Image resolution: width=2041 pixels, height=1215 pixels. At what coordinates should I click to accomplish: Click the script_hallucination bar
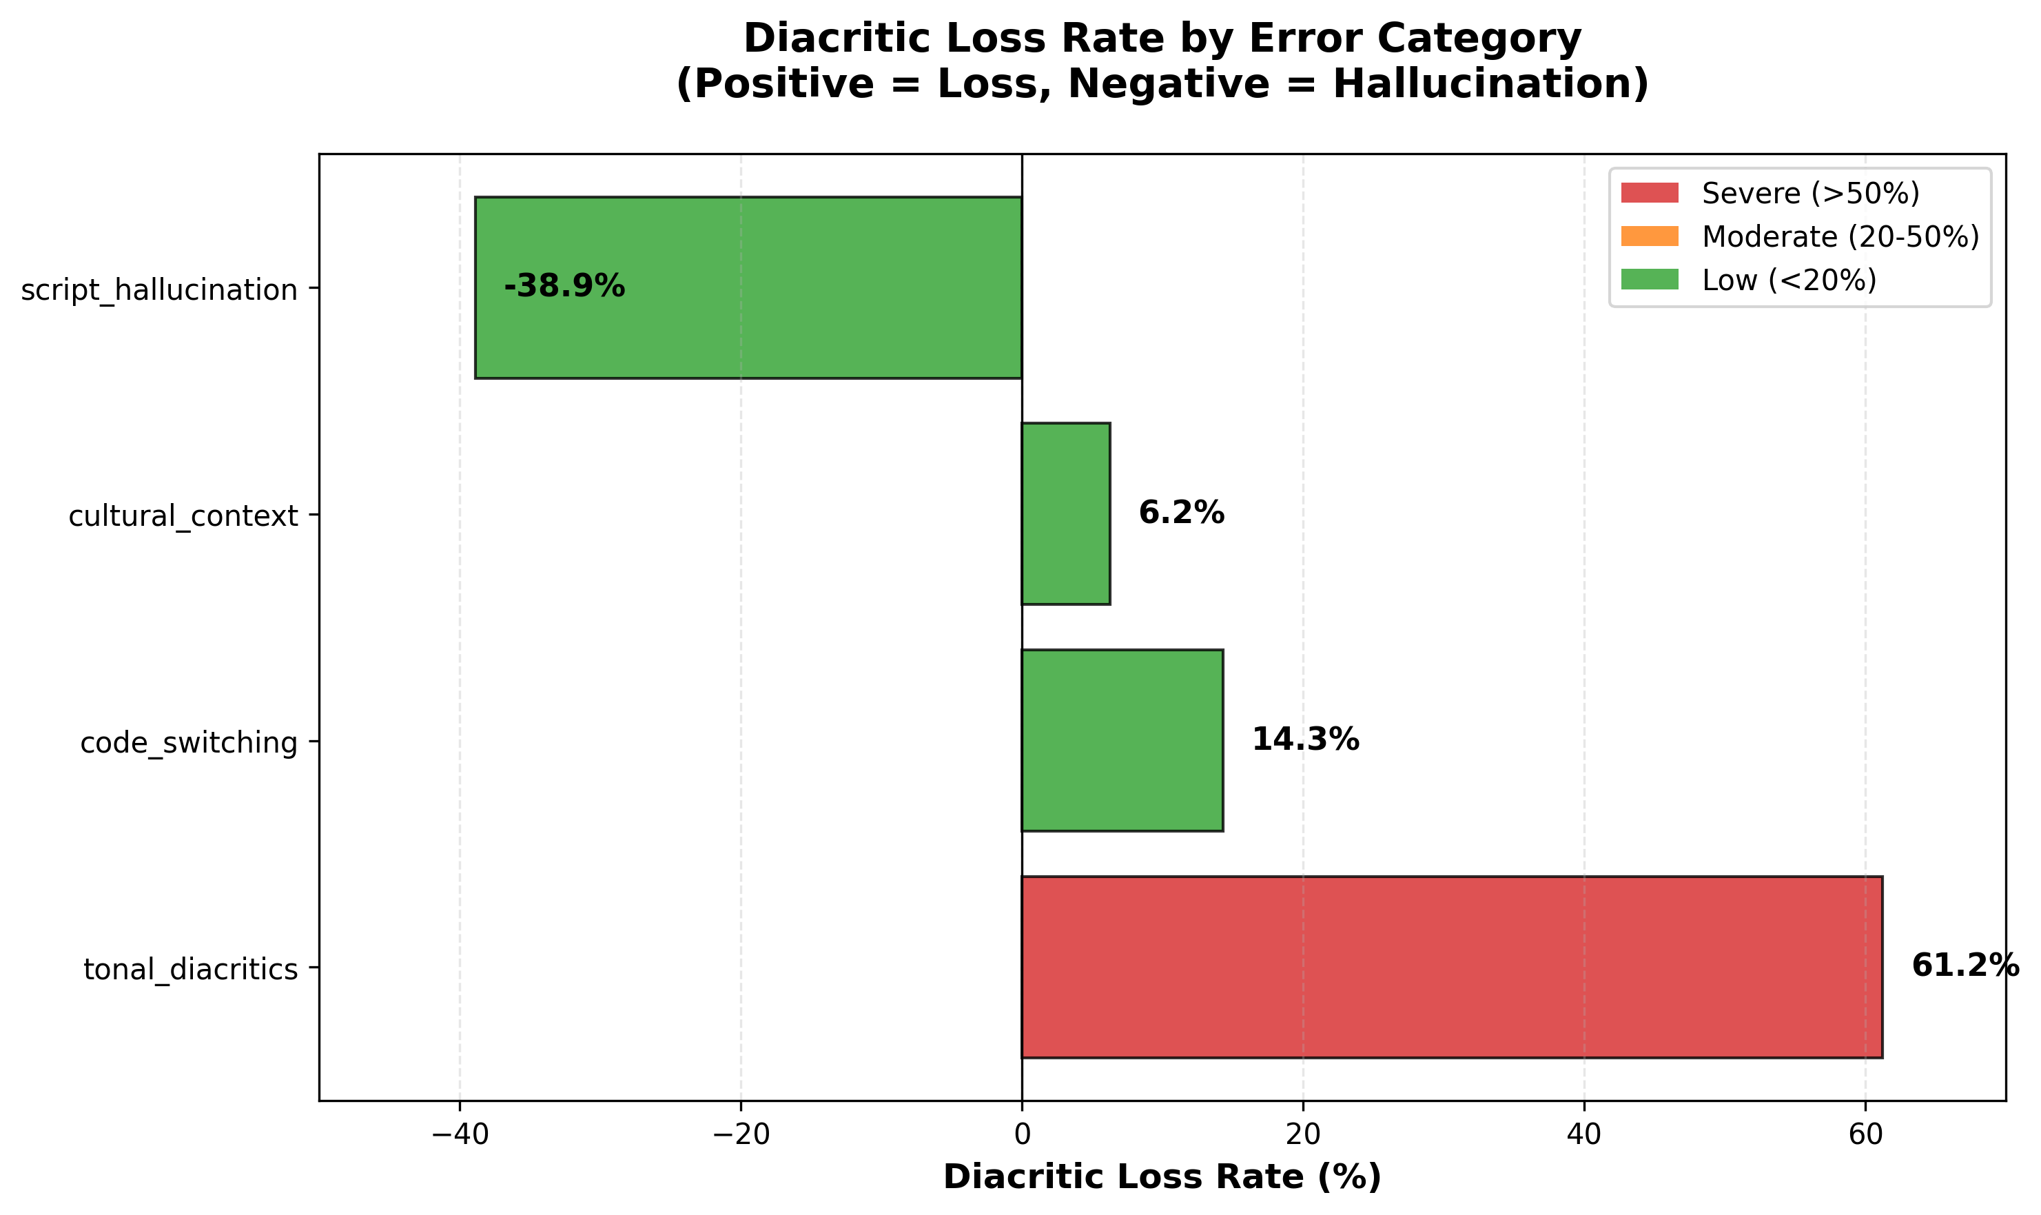pyautogui.click(x=748, y=287)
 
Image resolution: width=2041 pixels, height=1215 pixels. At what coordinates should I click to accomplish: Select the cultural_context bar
pyautogui.click(x=1065, y=513)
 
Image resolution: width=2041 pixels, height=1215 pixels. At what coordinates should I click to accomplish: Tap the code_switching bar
pyautogui.click(x=1122, y=740)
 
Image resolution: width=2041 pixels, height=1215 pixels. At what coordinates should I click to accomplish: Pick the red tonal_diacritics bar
pyautogui.click(x=1452, y=967)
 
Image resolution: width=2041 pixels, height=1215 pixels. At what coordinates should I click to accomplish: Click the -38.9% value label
pyautogui.click(x=564, y=287)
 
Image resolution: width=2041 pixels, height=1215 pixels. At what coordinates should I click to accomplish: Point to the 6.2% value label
pyautogui.click(x=1181, y=513)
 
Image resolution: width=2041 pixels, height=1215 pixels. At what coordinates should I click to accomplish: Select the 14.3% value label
pyautogui.click(x=1305, y=740)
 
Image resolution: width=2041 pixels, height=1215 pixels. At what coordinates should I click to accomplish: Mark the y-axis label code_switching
pyautogui.click(x=188, y=743)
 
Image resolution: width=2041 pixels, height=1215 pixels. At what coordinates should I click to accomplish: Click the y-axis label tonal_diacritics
pyautogui.click(x=190, y=970)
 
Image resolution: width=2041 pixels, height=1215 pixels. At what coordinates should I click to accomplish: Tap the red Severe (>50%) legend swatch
pyautogui.click(x=1649, y=193)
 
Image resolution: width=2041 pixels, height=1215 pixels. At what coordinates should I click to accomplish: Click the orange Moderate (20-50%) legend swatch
pyautogui.click(x=1649, y=236)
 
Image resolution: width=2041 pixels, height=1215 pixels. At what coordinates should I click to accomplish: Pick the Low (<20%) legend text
pyautogui.click(x=1789, y=280)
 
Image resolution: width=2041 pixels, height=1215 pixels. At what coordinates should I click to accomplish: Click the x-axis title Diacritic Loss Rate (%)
pyautogui.click(x=1162, y=1177)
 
